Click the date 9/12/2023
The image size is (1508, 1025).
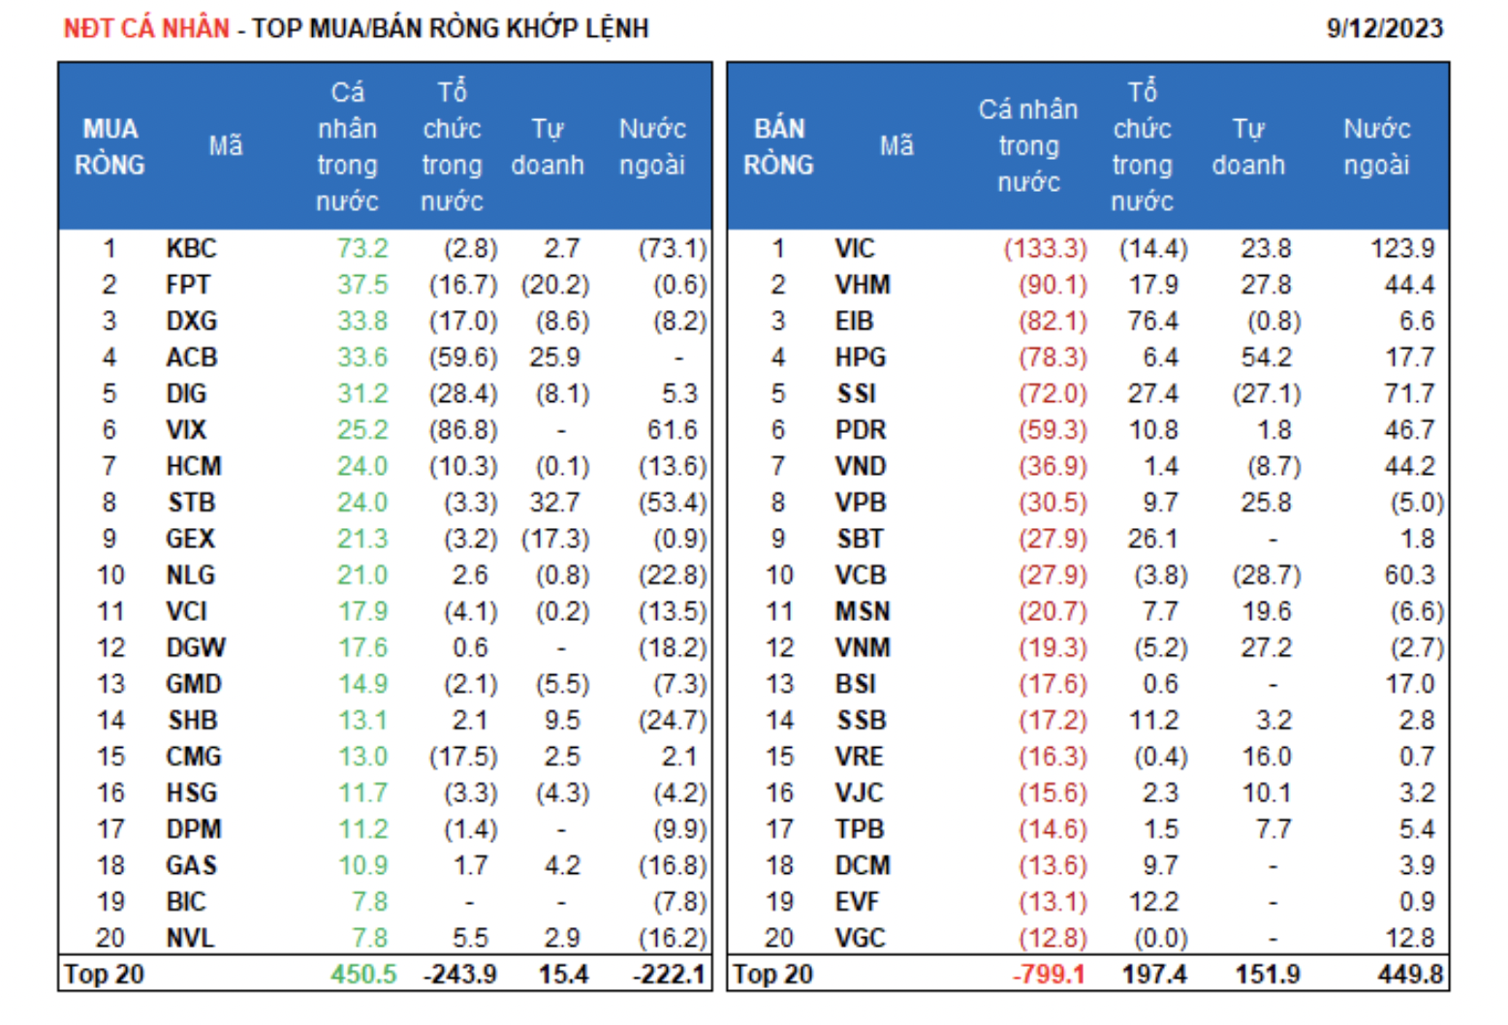tap(1384, 28)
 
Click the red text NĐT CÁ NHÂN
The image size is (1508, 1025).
tap(146, 28)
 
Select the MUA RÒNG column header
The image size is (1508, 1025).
tap(110, 146)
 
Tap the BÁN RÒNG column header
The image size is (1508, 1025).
tap(778, 146)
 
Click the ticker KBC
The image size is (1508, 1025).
tap(191, 249)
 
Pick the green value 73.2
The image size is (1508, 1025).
tap(362, 249)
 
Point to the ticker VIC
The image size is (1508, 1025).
tap(855, 249)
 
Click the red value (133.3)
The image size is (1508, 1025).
tap(1045, 249)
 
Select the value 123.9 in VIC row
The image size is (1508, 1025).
tap(1401, 249)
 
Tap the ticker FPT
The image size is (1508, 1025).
tap(188, 285)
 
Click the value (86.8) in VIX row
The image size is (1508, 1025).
tap(463, 430)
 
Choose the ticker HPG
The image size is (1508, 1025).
tap(861, 357)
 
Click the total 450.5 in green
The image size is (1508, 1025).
tap(363, 975)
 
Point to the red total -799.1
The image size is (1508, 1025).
tap(1049, 975)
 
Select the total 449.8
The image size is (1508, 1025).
tap(1409, 975)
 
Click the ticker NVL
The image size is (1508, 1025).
tap(190, 939)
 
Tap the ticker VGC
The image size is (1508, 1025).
tap(861, 939)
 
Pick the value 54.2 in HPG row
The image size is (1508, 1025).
tap(1266, 357)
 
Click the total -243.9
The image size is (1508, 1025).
tap(460, 975)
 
